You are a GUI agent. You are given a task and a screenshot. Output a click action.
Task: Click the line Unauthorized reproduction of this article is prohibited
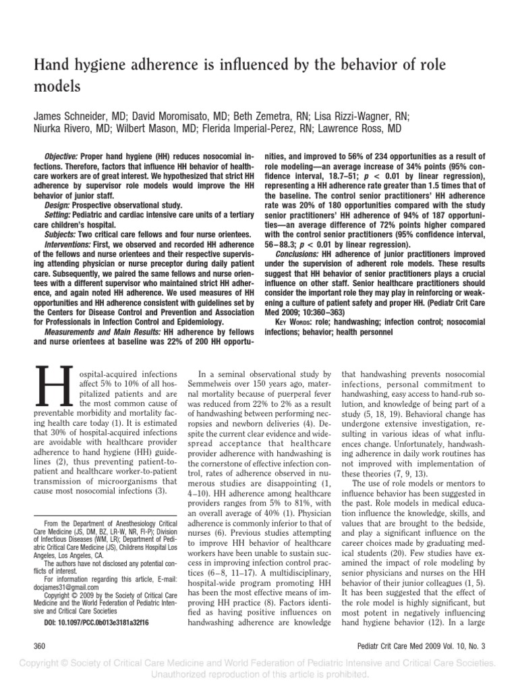[259, 676]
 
